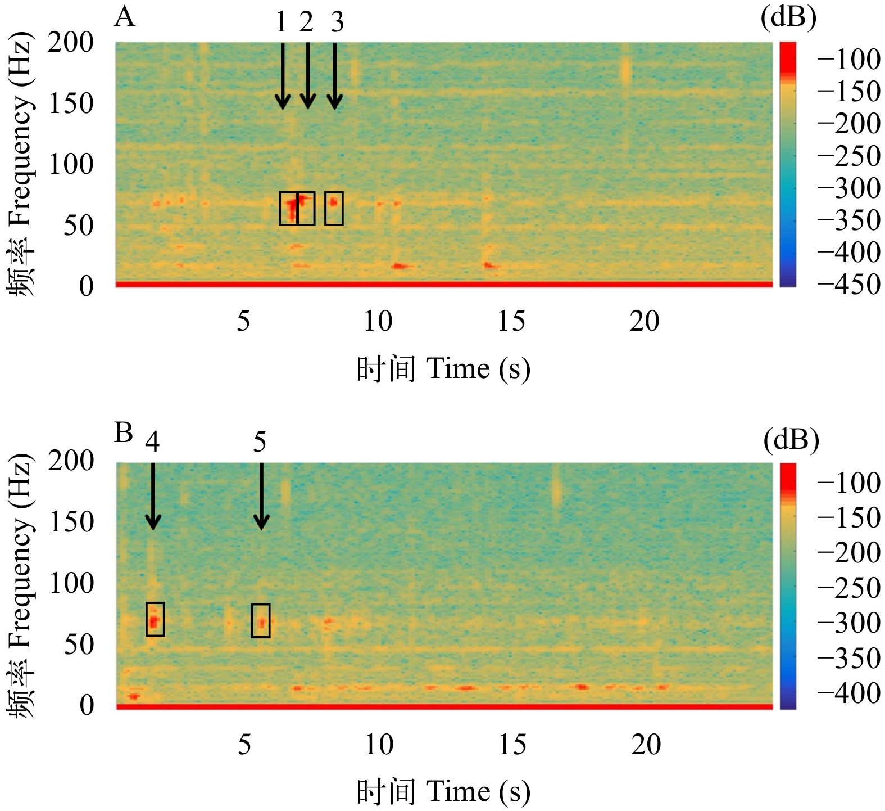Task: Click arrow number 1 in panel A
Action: (x=283, y=76)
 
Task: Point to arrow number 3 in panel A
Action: (x=335, y=76)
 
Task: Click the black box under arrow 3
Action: (x=334, y=208)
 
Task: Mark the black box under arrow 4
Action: (x=155, y=619)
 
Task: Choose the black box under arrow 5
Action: (x=261, y=620)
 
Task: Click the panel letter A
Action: (x=125, y=17)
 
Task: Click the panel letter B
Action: (x=124, y=434)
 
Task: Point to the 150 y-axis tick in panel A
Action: (x=71, y=103)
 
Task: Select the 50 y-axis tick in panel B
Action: (x=79, y=645)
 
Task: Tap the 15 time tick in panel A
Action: (x=511, y=321)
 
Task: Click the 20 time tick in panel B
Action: (x=646, y=745)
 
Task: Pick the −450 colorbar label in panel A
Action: (x=848, y=285)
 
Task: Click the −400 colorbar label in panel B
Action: (x=848, y=693)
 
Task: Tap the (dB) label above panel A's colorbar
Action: (x=788, y=18)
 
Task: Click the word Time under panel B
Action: (x=458, y=792)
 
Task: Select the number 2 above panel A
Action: (x=306, y=22)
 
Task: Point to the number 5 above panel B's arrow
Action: (x=260, y=443)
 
